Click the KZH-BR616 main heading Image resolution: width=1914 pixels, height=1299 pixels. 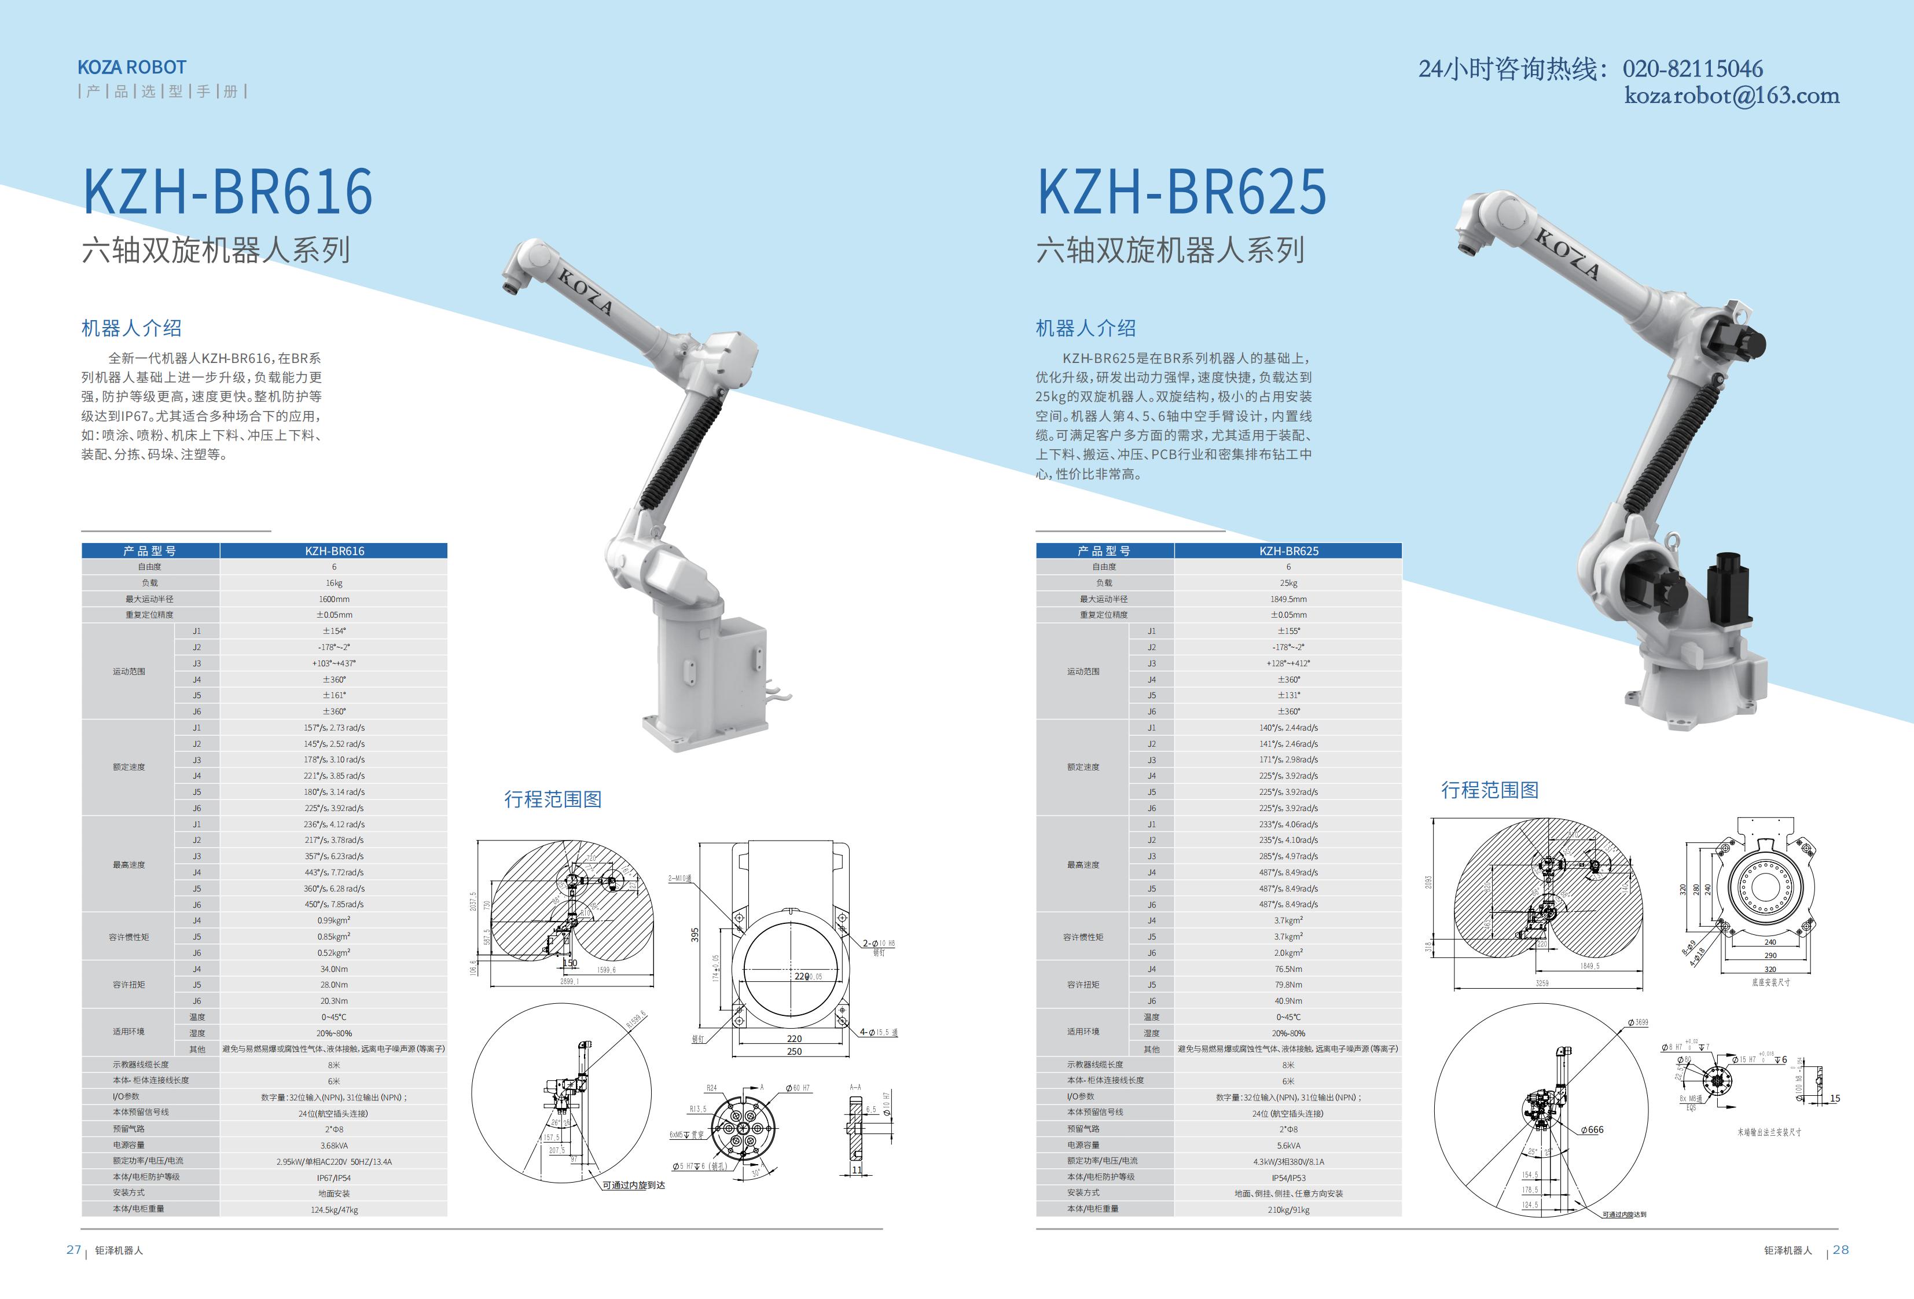228,192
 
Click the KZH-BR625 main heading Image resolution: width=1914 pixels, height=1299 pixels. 1181,192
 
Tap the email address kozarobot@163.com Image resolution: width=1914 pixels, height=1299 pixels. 1731,96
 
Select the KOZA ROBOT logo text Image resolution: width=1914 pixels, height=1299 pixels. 132,68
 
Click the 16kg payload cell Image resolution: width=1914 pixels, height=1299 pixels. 333,583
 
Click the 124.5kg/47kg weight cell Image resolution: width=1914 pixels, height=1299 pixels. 333,1209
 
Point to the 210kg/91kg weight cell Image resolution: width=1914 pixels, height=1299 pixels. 1288,1209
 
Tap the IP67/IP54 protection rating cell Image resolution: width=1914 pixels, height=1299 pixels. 333,1177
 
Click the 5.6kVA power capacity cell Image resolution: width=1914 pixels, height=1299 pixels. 1288,1145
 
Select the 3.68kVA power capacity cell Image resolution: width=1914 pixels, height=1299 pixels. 333,1145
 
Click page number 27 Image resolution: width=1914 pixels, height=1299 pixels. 74,1250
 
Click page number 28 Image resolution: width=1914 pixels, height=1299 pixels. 1840,1250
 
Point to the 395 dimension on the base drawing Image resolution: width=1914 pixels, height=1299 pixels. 695,935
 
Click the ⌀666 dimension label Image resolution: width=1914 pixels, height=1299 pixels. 1592,1130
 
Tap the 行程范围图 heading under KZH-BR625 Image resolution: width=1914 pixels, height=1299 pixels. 1489,791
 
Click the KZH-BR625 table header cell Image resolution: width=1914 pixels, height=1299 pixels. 1288,551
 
